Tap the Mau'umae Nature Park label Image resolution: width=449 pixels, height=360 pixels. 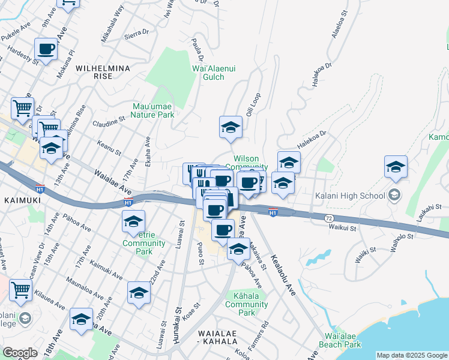point(153,110)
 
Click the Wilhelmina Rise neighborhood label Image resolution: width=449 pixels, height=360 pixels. point(103,72)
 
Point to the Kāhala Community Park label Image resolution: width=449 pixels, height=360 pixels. point(246,304)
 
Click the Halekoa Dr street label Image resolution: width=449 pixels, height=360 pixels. point(312,141)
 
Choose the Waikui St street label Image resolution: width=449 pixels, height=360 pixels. point(342,227)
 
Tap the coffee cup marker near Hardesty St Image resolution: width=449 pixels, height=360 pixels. point(46,49)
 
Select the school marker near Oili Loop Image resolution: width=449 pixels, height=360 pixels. point(231,127)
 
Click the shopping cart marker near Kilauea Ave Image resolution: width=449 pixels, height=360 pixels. point(21,290)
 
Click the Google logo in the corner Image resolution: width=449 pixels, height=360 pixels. point(20,353)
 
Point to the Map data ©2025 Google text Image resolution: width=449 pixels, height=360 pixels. point(412,355)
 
